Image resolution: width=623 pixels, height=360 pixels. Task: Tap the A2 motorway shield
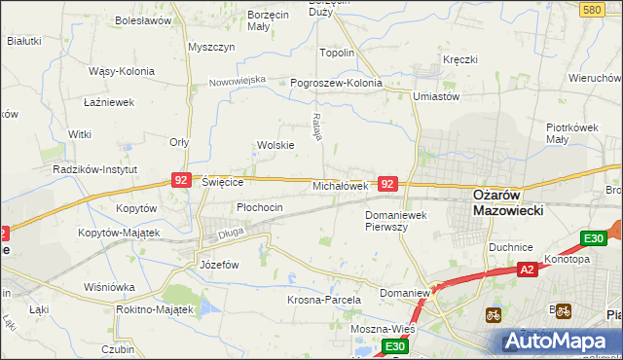point(527,270)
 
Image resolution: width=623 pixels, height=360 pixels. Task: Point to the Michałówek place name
point(340,185)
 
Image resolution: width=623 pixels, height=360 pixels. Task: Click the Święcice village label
point(222,182)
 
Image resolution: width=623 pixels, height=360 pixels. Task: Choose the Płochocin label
point(260,207)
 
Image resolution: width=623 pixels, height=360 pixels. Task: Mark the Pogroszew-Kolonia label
point(337,84)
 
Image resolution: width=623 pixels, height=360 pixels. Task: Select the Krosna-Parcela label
point(324,301)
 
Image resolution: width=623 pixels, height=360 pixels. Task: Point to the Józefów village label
point(219,265)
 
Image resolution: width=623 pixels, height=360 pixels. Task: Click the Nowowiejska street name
point(238,81)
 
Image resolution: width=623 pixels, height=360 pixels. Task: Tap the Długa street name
point(231,233)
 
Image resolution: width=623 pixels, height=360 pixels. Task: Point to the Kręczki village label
point(460,60)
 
